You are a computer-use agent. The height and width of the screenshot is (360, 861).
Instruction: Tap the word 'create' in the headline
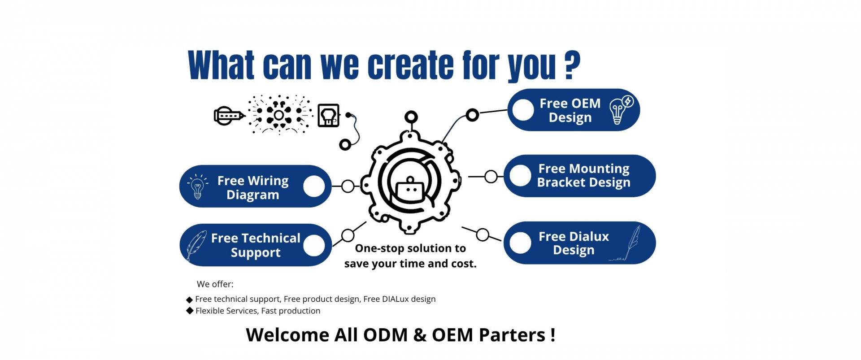[410, 66]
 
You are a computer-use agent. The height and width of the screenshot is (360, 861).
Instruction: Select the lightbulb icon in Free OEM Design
[621, 110]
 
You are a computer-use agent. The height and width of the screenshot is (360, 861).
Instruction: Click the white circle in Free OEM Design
[523, 110]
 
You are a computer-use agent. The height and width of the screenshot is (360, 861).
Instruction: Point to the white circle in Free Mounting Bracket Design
[520, 176]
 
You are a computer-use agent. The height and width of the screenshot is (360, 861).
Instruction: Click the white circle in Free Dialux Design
[520, 243]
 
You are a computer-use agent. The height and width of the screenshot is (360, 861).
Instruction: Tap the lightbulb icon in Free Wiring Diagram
[197, 187]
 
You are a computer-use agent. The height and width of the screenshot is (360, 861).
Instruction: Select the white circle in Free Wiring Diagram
[314, 187]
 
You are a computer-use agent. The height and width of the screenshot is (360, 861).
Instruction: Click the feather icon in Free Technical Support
[196, 245]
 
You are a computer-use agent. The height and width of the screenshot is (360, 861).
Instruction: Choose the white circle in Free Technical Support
[314, 245]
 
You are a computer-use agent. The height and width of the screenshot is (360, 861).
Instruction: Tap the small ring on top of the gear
[411, 117]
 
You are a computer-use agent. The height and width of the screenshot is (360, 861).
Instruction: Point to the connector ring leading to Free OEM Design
[472, 115]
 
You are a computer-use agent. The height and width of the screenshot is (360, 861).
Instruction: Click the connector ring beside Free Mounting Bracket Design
[491, 177]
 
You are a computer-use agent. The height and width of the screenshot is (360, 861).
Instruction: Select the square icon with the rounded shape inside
[328, 115]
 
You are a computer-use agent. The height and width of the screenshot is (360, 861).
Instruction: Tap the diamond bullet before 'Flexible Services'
[190, 311]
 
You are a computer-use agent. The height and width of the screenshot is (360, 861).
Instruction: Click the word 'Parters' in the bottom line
[512, 335]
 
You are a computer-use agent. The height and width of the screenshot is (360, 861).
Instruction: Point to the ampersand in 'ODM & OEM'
[420, 335]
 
